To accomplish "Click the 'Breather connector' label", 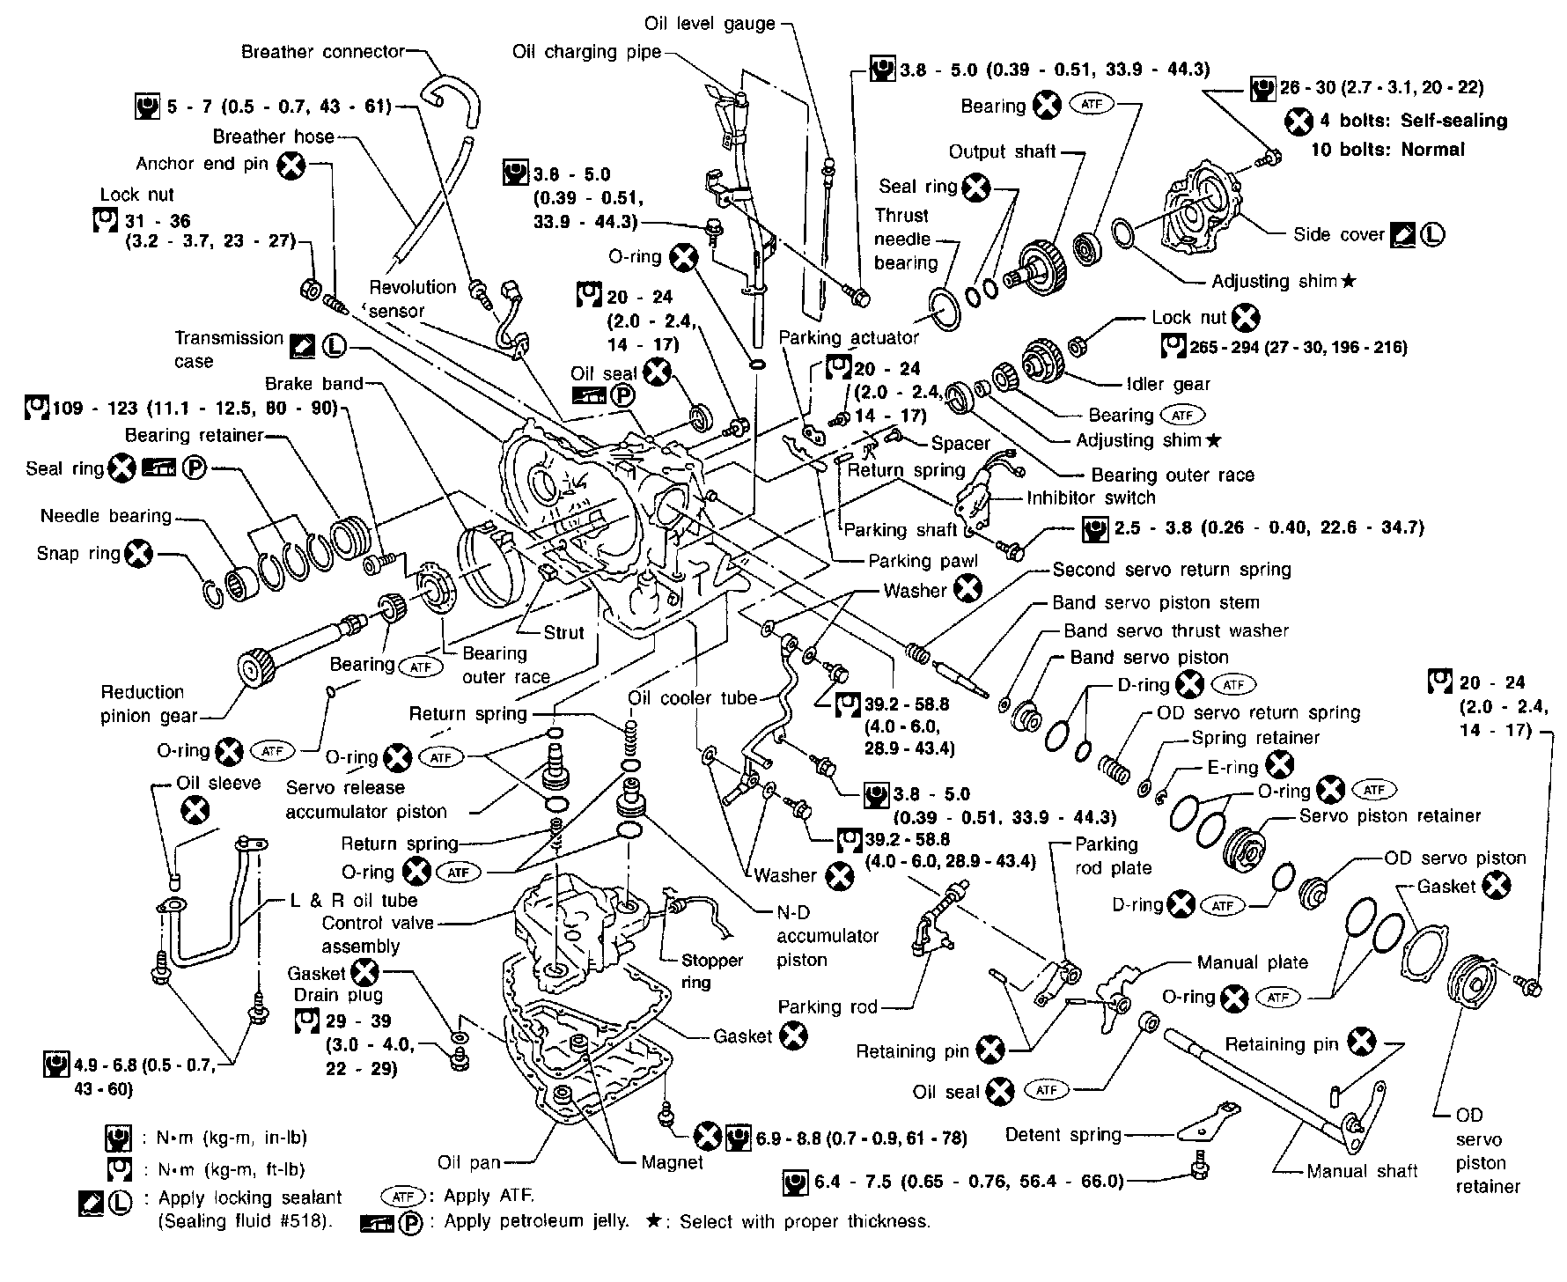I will tap(322, 52).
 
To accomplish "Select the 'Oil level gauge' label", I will tap(710, 24).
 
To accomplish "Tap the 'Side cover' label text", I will tap(1338, 234).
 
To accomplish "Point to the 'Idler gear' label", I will tap(1168, 384).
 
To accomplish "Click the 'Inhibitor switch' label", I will tap(1091, 497).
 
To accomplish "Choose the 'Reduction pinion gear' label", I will tap(143, 704).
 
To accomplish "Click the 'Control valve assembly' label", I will tap(378, 934).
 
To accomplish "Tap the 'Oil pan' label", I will tap(468, 1162).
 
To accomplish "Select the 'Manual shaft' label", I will tap(1362, 1171).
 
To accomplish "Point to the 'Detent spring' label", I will tap(1063, 1135).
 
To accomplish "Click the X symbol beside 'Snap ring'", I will tap(139, 554).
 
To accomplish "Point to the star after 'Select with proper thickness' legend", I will tap(652, 1221).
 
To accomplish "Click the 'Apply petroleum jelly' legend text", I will tap(536, 1221).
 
